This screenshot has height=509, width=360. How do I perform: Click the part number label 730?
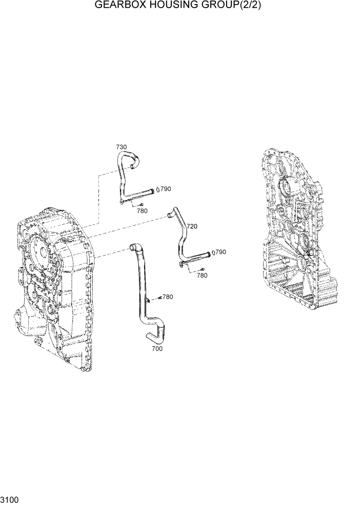tap(121, 147)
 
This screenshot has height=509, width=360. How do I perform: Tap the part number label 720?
tap(192, 226)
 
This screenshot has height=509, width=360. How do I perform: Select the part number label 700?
tap(157, 349)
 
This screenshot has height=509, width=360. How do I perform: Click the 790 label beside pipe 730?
tap(166, 189)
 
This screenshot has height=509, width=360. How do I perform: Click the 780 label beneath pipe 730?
tap(142, 211)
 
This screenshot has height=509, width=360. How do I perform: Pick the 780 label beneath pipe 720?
tap(202, 276)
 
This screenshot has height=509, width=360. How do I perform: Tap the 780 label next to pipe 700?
tap(168, 297)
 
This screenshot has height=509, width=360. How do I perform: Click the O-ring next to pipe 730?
tap(157, 189)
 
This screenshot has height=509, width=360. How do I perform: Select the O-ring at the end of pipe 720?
tap(213, 252)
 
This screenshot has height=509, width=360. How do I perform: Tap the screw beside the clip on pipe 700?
tap(160, 298)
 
